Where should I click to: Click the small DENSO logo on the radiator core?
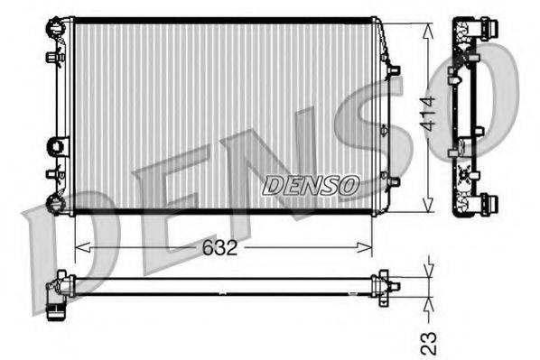(x=311, y=186)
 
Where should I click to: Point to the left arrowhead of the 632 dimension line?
(x=78, y=246)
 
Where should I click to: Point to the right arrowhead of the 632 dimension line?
(x=368, y=246)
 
